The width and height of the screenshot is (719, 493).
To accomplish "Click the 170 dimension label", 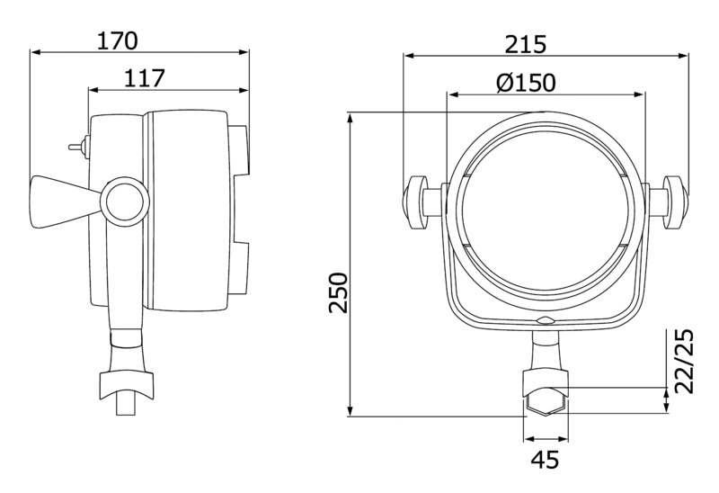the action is [117, 40].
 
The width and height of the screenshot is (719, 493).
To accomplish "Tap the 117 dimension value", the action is [144, 78].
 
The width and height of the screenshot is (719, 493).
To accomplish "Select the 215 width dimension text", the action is [526, 45].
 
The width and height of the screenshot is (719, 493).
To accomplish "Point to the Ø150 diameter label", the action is [526, 83].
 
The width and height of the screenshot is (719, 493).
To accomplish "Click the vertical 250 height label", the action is [339, 292].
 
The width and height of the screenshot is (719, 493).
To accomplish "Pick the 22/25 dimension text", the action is [684, 361].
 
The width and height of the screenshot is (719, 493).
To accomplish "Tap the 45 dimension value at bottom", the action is [546, 460].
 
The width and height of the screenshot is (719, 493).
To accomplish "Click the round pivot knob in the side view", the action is [125, 201].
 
